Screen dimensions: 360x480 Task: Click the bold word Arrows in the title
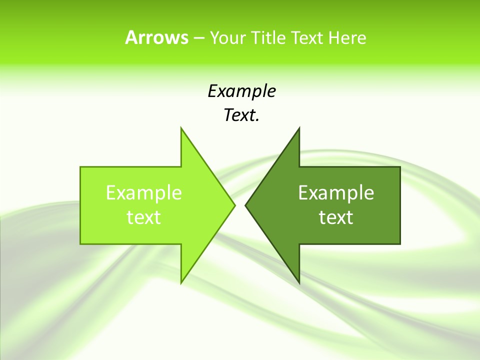[x=156, y=37]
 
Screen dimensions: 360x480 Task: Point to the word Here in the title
[x=347, y=37]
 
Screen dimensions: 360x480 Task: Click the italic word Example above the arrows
[x=241, y=91]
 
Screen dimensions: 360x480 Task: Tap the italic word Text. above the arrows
[x=241, y=115]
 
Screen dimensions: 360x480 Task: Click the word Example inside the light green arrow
[x=144, y=192]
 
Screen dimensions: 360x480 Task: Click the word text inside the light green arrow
[x=144, y=217]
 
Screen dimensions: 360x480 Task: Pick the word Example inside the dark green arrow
[x=336, y=192]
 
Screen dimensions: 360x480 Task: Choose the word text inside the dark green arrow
[x=336, y=217]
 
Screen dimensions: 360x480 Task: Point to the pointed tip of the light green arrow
[x=234, y=205]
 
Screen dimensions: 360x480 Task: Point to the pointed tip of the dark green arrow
[x=246, y=205]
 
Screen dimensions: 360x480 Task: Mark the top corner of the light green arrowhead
[x=181, y=128]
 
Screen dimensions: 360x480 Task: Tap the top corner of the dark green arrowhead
[x=299, y=128]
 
